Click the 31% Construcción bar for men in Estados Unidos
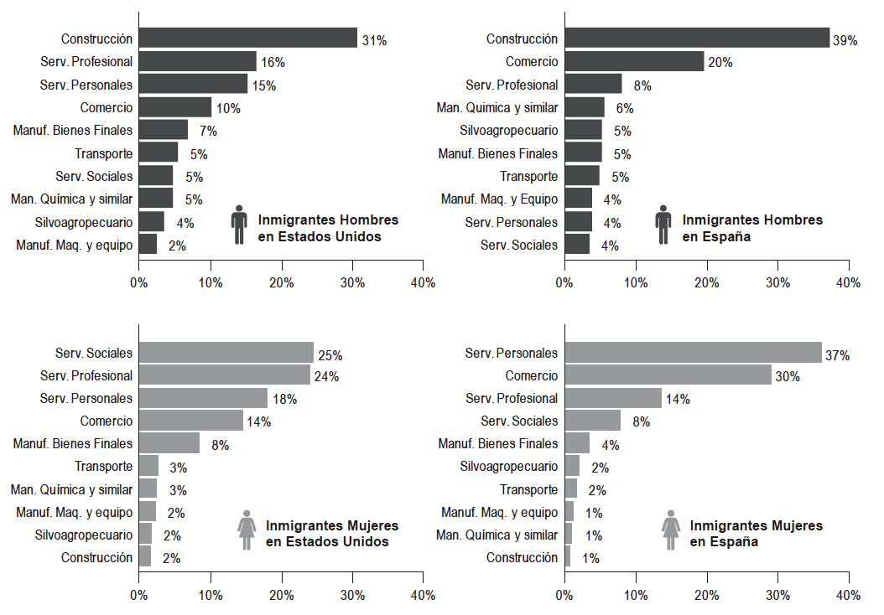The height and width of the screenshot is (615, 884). point(247,39)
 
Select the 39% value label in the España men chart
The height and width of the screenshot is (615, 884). point(845,40)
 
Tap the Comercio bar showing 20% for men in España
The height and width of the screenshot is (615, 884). point(634,61)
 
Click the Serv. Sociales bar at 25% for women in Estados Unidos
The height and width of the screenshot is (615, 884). point(226,353)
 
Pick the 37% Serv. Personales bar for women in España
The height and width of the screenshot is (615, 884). point(693,353)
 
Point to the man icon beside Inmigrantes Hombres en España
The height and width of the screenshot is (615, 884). point(663,225)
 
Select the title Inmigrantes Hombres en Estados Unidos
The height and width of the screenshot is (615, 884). point(328,228)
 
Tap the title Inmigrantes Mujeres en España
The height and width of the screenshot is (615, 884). point(756,534)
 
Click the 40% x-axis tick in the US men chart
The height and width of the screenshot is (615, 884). point(423,283)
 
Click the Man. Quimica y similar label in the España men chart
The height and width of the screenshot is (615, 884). point(497,107)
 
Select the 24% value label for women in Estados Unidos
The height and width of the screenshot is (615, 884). point(326,377)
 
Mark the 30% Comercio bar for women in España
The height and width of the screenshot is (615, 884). point(668,375)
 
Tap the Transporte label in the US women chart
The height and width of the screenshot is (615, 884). point(103,466)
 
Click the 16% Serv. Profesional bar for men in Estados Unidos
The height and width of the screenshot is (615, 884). point(197,61)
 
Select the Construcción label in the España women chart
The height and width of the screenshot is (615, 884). point(522,557)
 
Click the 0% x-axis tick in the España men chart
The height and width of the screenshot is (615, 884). point(564,283)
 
